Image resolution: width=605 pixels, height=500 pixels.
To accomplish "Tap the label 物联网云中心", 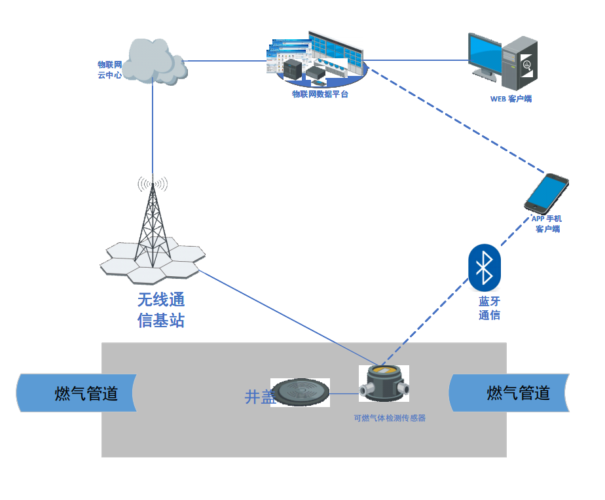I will tap(110, 69).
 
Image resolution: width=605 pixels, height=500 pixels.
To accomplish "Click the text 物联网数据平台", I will tap(320, 94).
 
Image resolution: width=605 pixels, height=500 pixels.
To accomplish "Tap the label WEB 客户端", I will tap(511, 99).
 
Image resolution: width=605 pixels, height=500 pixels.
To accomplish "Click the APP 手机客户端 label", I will tap(547, 224).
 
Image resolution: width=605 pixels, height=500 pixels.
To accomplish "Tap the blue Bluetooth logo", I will tap(485, 268).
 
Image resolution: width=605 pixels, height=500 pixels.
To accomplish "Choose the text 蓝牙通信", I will tap(489, 308).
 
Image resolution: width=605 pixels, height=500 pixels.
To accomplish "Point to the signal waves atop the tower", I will tap(152, 184).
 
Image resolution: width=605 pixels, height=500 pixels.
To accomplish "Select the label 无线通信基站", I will tap(161, 310).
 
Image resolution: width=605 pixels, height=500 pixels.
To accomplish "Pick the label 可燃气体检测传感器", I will tap(390, 418).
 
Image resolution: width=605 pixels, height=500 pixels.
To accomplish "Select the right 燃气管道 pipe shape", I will tap(509, 393).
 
